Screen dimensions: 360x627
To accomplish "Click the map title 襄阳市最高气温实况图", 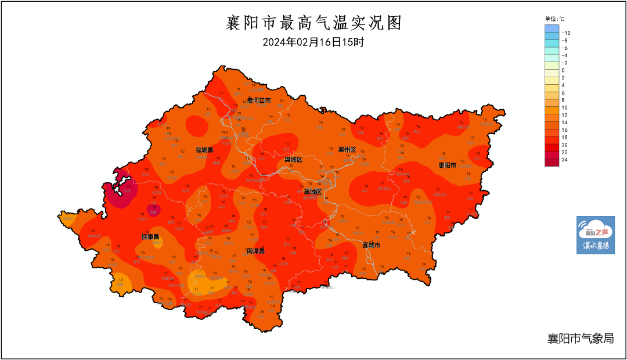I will coord(313,23).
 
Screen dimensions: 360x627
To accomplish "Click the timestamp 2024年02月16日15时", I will coord(313,42).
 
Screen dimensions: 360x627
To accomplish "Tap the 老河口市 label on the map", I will coord(259,100).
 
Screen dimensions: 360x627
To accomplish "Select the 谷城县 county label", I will coord(204,150).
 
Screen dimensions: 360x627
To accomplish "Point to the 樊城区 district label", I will coord(293,159).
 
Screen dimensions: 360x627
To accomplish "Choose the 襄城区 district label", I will coord(312,192).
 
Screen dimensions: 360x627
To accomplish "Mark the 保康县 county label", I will coord(151,237).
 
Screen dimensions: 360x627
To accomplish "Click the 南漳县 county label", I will coord(255,251).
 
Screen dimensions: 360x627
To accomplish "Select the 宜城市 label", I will coord(371,245).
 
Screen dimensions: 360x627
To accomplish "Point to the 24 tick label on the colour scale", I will coord(564,160).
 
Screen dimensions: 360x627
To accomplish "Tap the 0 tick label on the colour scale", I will coord(563,70).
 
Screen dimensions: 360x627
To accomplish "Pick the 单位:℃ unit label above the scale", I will coord(554,19).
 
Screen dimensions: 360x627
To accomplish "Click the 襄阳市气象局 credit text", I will coord(580,339).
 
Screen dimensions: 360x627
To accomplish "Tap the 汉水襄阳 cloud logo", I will coord(595,235).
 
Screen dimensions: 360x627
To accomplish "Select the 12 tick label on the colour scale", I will coord(564,115).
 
